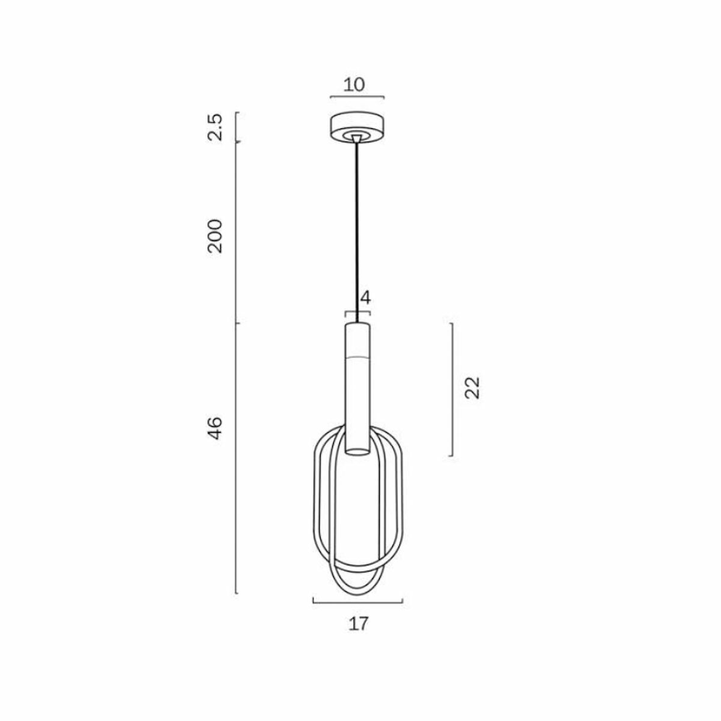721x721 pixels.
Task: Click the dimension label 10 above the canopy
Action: pyautogui.click(x=354, y=84)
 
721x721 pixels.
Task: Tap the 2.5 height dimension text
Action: pyautogui.click(x=215, y=127)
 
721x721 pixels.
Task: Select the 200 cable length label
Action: pyautogui.click(x=215, y=236)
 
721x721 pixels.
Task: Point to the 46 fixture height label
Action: pyautogui.click(x=215, y=427)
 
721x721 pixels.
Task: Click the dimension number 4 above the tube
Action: pyautogui.click(x=365, y=298)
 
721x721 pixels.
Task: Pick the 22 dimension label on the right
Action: pyautogui.click(x=473, y=388)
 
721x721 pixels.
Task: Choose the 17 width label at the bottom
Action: pyautogui.click(x=358, y=624)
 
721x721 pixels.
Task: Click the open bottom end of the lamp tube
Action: pyautogui.click(x=357, y=451)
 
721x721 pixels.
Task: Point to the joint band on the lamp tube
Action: pyautogui.click(x=357, y=356)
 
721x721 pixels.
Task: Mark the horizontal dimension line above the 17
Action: pyautogui.click(x=357, y=601)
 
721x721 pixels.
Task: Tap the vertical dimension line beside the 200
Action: pyautogui.click(x=237, y=234)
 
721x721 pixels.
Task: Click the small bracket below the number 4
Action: pyautogui.click(x=357, y=312)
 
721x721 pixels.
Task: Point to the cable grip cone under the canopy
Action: pyautogui.click(x=357, y=139)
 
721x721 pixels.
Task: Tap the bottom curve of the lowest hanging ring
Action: pyautogui.click(x=357, y=596)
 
